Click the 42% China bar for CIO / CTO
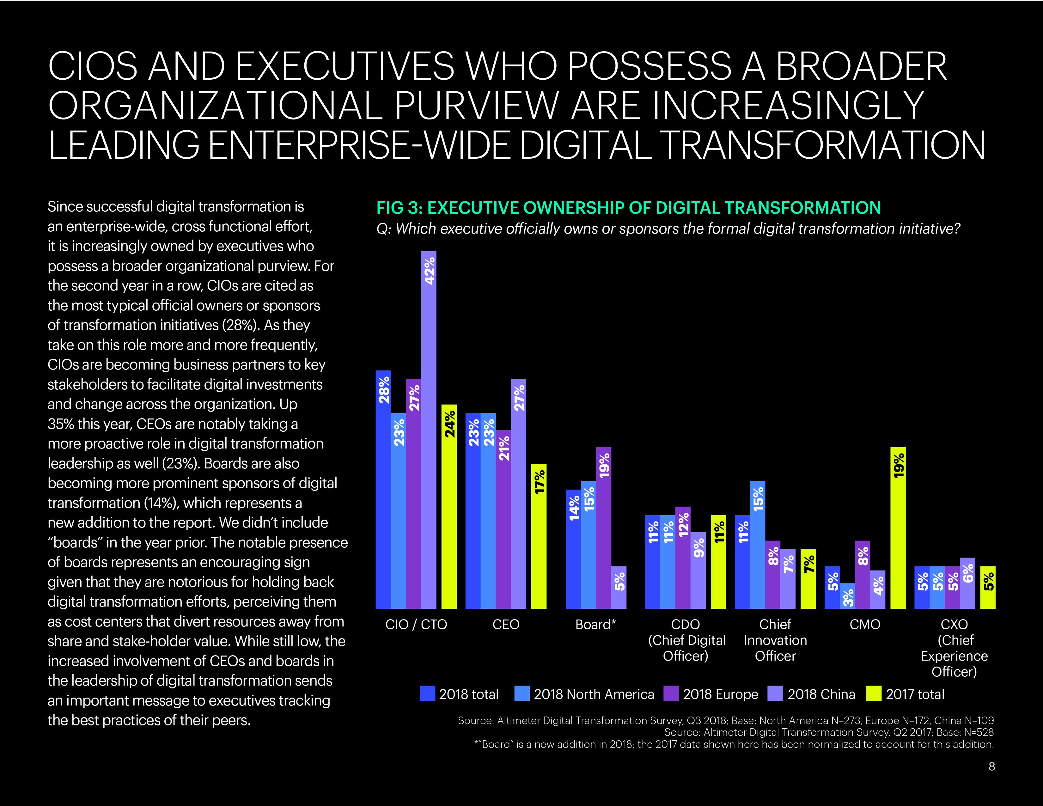click(428, 430)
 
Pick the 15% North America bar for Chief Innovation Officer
click(757, 544)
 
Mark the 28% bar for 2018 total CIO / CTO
click(383, 489)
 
